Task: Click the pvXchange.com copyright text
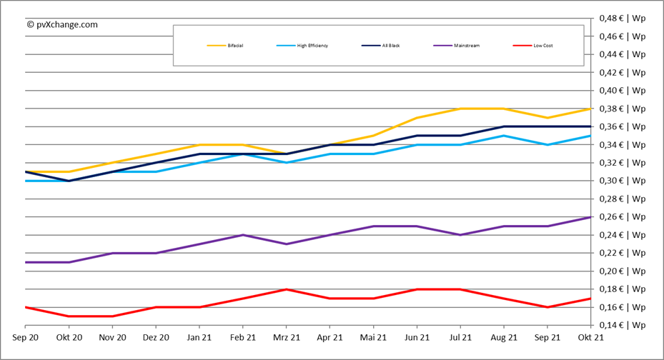(62, 24)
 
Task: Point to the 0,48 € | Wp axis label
(622, 18)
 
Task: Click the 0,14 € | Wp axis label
(622, 325)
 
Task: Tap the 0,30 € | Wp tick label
(622, 181)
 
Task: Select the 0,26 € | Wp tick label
(622, 216)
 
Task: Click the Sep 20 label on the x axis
(26, 338)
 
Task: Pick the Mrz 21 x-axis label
(286, 338)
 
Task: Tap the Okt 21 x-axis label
(590, 338)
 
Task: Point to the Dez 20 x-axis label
(156, 338)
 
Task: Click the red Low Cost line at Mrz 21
(286, 289)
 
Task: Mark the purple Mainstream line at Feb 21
(243, 235)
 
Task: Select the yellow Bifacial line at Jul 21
(460, 109)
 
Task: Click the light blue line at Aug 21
(504, 136)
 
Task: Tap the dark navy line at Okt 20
(69, 181)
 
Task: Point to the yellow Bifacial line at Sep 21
(547, 118)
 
